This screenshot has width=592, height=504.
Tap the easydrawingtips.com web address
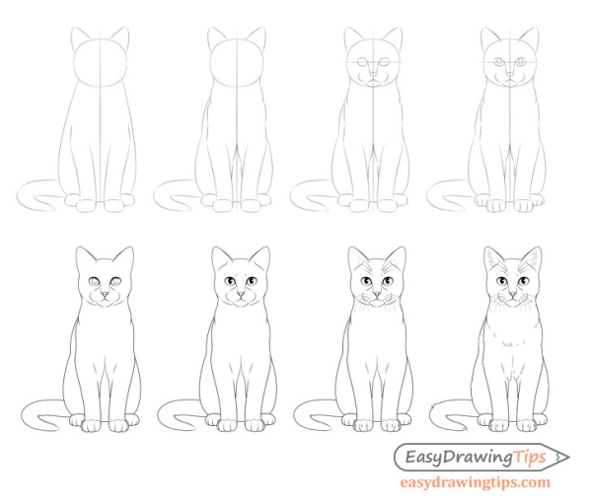[x=475, y=483]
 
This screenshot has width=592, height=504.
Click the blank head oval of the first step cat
[x=100, y=65]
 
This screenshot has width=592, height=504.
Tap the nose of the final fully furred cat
[x=510, y=294]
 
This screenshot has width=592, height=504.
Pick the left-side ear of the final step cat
[x=490, y=258]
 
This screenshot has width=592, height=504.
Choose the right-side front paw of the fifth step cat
[x=119, y=425]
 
